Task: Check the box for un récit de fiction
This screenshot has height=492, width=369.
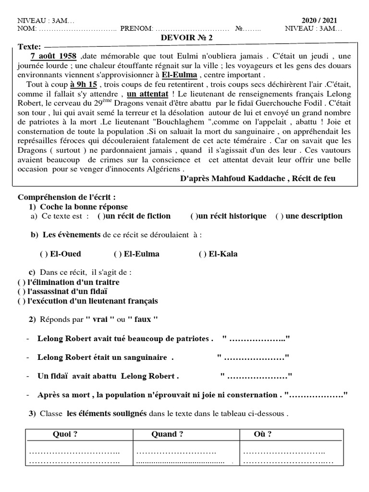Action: pyautogui.click(x=100, y=216)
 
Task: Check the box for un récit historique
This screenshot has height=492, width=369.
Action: pyautogui.click(x=193, y=216)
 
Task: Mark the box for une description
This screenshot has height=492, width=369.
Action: pyautogui.click(x=279, y=216)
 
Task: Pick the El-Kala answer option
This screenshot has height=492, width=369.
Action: pyautogui.click(x=202, y=254)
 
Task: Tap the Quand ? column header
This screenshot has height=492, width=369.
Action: pyautogui.click(x=167, y=434)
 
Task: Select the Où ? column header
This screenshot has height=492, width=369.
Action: pyautogui.click(x=262, y=434)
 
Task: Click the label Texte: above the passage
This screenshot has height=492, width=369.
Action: pyautogui.click(x=29, y=47)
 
